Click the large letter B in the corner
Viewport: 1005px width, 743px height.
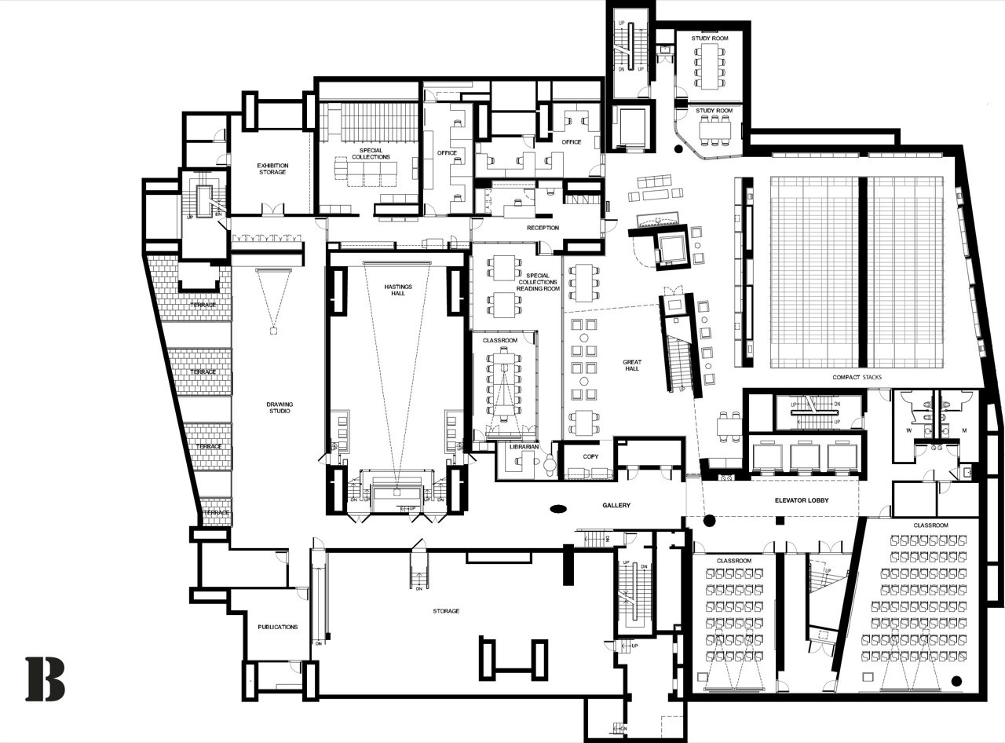(45, 679)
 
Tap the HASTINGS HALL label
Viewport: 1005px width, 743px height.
(397, 289)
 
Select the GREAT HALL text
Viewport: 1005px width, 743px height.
(631, 365)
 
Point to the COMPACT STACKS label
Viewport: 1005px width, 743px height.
(857, 377)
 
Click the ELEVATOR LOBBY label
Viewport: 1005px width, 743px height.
(801, 500)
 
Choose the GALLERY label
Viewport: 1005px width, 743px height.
(617, 505)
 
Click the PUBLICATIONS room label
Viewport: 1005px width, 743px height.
(278, 627)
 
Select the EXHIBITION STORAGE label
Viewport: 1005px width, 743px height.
(272, 168)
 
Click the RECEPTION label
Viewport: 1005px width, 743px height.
(543, 228)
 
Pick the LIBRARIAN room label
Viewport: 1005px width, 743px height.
(523, 447)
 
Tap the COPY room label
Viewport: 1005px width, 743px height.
(591, 456)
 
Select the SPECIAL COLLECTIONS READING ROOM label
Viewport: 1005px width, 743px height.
(539, 282)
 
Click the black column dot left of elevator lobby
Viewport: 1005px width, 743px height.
(710, 520)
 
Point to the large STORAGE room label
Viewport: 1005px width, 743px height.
(445, 610)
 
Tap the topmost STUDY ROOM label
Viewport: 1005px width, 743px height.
(710, 38)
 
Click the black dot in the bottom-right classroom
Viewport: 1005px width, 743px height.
(956, 680)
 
